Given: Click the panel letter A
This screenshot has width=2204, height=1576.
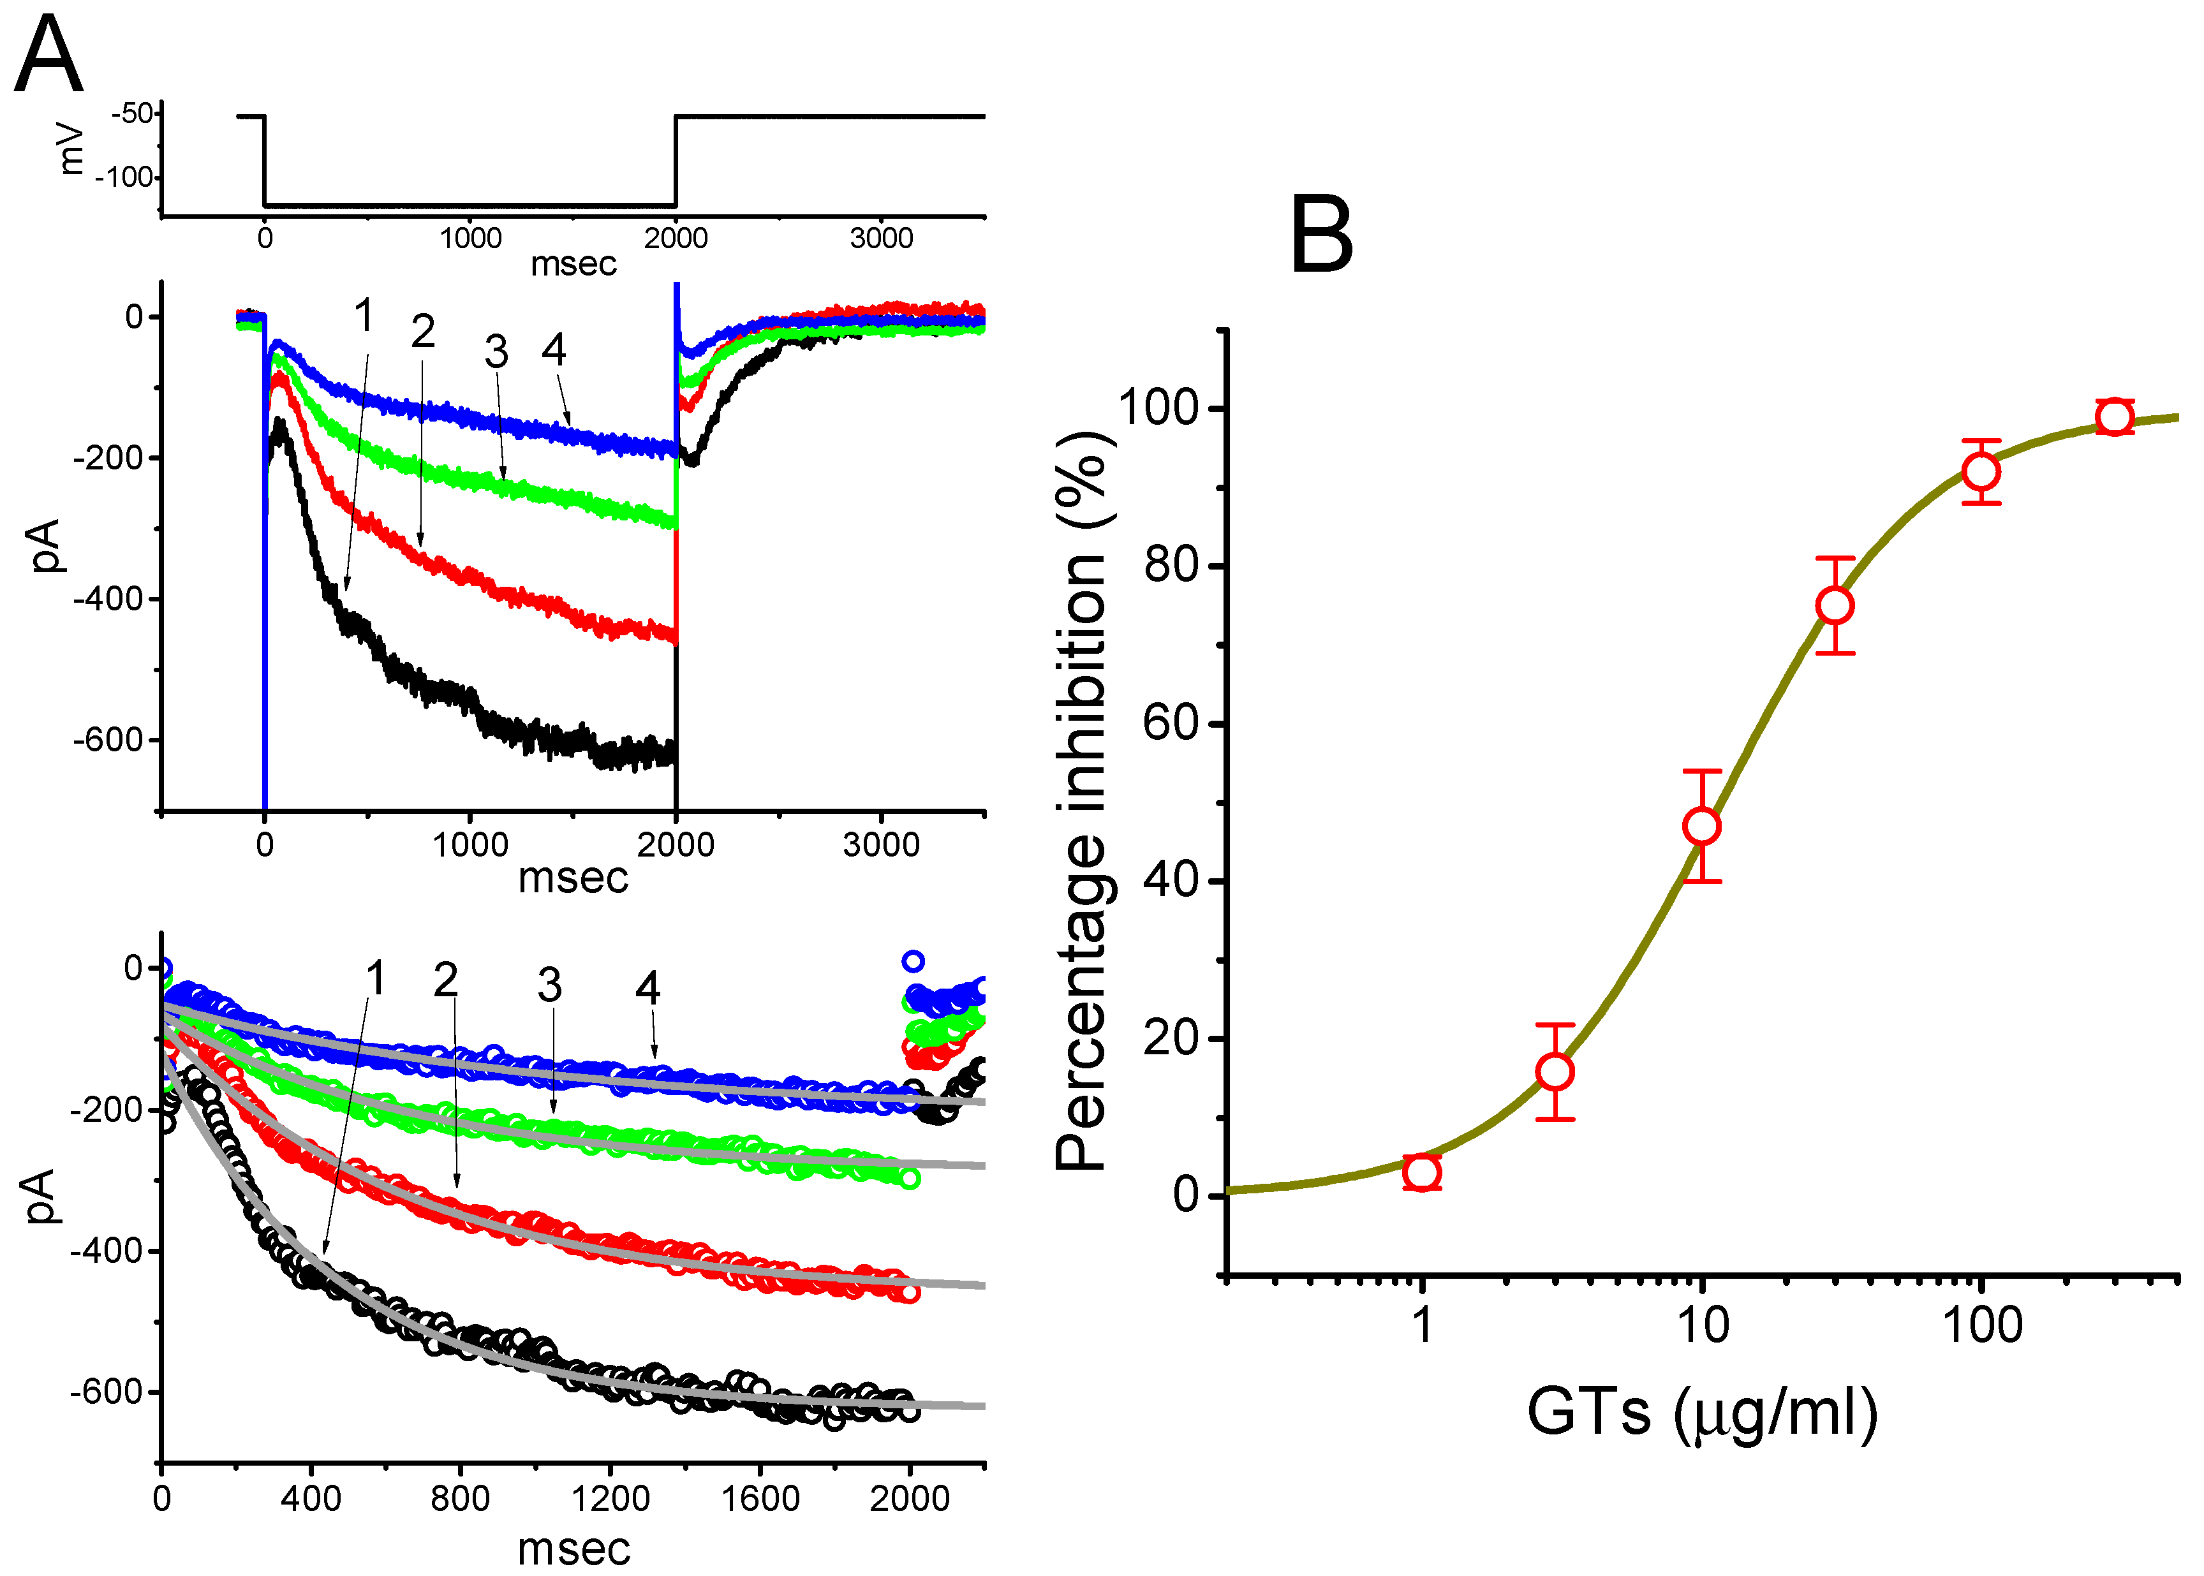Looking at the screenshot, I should coord(48,55).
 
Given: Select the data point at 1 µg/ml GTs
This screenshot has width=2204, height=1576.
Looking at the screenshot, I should coord(1422,1172).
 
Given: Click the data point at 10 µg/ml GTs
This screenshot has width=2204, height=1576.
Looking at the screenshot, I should coord(1702,826).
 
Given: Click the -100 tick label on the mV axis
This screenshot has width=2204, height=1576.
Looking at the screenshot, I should coord(125,177).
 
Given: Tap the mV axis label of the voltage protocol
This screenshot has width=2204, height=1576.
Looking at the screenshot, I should coord(70,147).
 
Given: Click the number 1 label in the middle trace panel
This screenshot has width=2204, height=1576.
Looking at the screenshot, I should coord(364,316).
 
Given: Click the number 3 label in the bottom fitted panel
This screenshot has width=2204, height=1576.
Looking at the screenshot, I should coord(549,986).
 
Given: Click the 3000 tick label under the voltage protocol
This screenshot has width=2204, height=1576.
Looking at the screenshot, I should coord(881,239).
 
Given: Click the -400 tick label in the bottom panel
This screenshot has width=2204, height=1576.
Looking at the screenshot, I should coord(107,1251).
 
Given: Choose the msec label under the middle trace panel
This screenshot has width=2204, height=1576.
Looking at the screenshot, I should coord(573,878).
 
